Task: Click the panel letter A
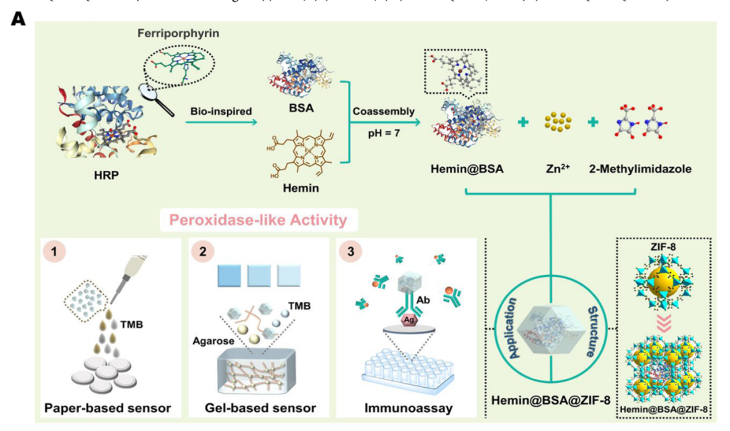(x=18, y=18)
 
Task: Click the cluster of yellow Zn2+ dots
(x=557, y=122)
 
